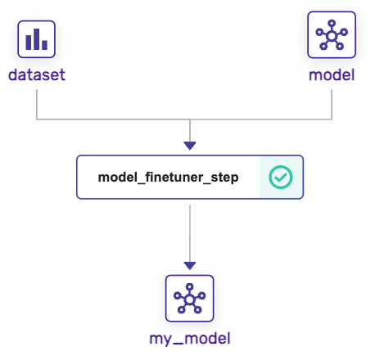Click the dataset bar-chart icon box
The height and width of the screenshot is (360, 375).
(x=37, y=38)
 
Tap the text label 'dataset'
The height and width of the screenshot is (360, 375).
(x=37, y=75)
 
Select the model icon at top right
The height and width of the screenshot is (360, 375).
(x=332, y=35)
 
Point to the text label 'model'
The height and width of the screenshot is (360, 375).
(x=332, y=75)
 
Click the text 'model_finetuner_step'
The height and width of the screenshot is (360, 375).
(x=168, y=177)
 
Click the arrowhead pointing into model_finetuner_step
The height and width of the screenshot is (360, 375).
(x=190, y=146)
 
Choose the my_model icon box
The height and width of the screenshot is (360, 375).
(x=190, y=298)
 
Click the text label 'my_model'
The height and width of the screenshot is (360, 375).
(x=190, y=338)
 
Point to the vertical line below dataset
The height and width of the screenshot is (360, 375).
(x=37, y=102)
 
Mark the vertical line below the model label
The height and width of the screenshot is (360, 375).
(x=332, y=102)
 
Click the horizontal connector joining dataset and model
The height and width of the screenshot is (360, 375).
(x=115, y=120)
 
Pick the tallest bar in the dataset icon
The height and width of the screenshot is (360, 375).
(x=37, y=38)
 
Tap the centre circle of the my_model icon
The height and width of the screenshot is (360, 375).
(x=190, y=299)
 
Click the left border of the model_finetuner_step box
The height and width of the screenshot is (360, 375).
(x=77, y=177)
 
